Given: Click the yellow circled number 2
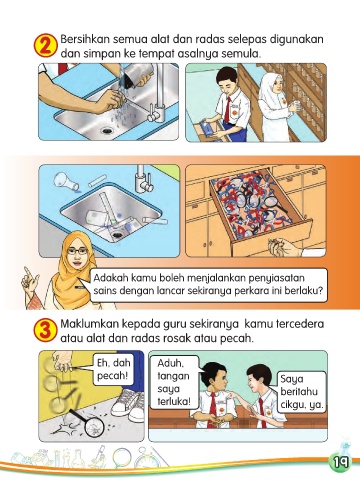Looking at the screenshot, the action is click(x=45, y=45).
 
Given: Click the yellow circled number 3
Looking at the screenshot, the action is click(x=45, y=331).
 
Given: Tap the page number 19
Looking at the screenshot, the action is click(x=339, y=462).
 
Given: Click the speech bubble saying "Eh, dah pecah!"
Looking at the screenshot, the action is click(x=113, y=369).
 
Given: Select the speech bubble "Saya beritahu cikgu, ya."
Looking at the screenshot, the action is click(x=302, y=392).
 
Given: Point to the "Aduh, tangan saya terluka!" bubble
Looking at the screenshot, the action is click(x=174, y=382).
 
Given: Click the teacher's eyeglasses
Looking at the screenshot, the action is click(x=77, y=251).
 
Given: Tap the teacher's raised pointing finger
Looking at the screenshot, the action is click(x=27, y=272).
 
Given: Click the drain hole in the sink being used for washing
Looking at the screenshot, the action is click(x=107, y=130).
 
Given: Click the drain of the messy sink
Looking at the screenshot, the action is click(x=117, y=235).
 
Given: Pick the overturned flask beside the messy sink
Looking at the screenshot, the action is click(x=66, y=181).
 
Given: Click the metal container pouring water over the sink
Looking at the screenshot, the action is click(x=137, y=75).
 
